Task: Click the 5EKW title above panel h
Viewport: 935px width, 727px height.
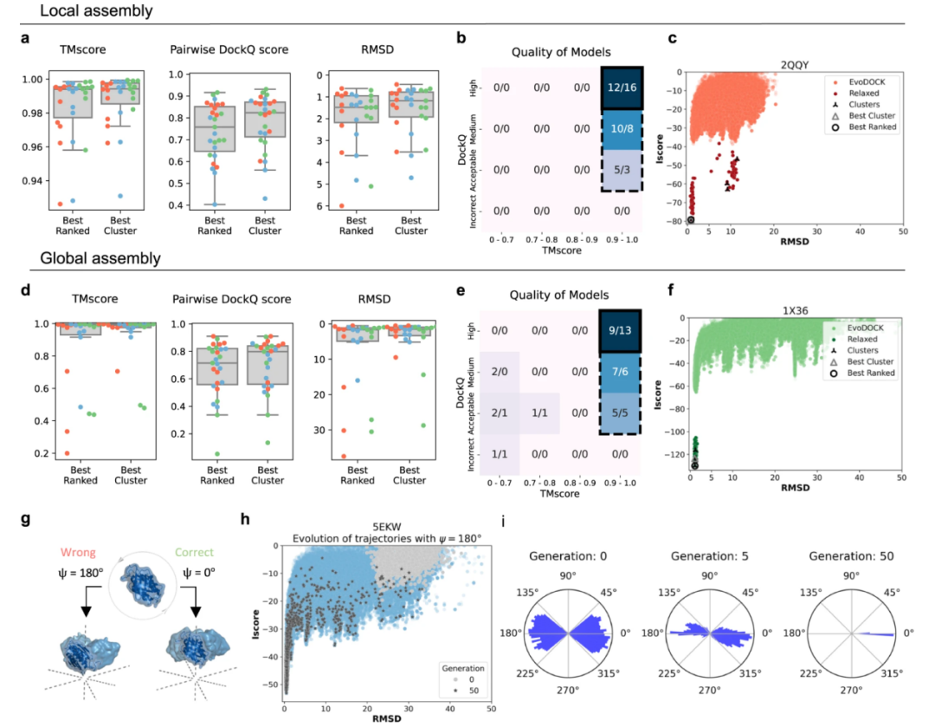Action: pyautogui.click(x=388, y=525)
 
